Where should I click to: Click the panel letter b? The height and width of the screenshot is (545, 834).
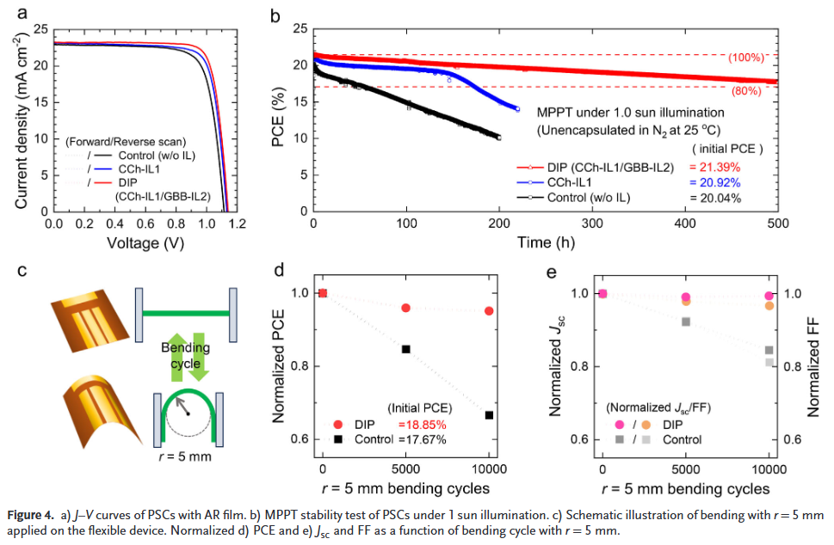pos(275,15)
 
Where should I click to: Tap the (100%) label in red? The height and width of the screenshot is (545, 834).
pos(745,58)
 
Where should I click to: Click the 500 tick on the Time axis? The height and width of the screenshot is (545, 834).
pos(777,223)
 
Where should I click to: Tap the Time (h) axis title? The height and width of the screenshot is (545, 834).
pos(546,242)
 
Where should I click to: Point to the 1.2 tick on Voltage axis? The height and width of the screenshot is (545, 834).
pos(236,223)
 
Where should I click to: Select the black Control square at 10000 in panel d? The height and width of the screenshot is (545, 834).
pos(489,415)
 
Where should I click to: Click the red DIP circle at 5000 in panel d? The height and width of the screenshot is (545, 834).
pos(405,308)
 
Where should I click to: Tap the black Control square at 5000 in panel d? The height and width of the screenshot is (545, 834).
pos(405,349)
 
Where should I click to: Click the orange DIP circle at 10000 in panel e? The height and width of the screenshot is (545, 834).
pos(769,306)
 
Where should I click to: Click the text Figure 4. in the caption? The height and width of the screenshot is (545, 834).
pos(32,516)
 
